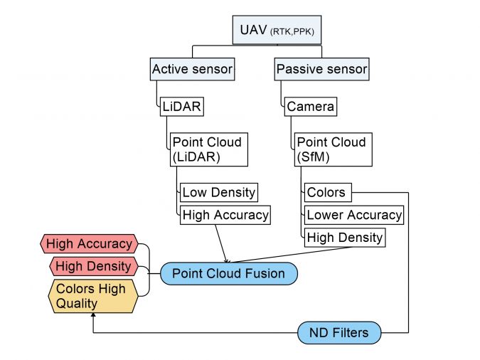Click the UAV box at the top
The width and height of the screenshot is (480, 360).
pyautogui.click(x=277, y=30)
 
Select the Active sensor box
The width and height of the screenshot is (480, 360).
pyautogui.click(x=192, y=69)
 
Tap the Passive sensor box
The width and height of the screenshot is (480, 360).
pyautogui.click(x=321, y=69)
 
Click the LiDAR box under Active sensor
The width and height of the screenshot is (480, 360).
pyautogui.click(x=182, y=107)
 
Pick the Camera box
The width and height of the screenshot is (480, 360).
pyautogui.click(x=311, y=107)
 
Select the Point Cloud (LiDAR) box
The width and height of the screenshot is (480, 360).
pyautogui.click(x=209, y=149)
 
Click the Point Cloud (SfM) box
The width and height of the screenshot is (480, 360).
pyautogui.click(x=334, y=149)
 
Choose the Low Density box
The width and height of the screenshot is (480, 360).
pyautogui.click(x=219, y=192)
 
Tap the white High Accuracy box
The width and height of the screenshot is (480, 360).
pyautogui.click(x=225, y=215)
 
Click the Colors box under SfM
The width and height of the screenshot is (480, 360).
pyautogui.click(x=328, y=192)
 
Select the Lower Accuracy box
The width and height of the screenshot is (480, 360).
pyautogui.click(x=354, y=215)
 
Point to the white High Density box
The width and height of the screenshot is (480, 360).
pyautogui.click(x=345, y=238)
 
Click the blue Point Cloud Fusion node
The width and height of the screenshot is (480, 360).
pyautogui.click(x=229, y=274)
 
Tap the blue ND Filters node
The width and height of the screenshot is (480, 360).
pyautogui.click(x=339, y=333)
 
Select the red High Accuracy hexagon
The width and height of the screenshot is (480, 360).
pyautogui.click(x=89, y=244)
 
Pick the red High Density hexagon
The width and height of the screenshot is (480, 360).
pyautogui.click(x=94, y=266)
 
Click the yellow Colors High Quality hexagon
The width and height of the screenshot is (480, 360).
pyautogui.click(x=93, y=296)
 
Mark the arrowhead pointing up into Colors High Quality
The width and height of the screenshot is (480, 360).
pyautogui.click(x=93, y=314)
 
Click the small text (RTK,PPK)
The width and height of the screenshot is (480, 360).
pyautogui.click(x=292, y=32)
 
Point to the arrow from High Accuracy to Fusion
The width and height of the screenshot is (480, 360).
pyautogui.click(x=221, y=243)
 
